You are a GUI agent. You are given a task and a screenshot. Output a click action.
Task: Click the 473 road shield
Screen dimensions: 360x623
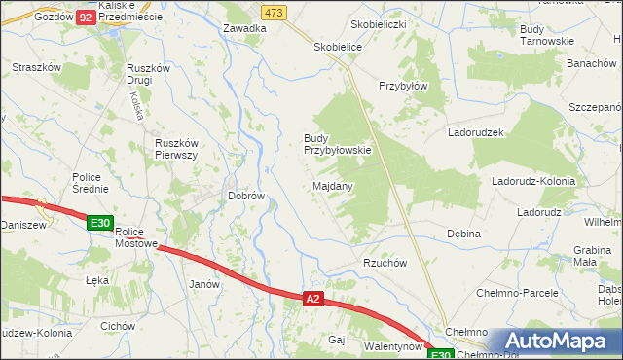pyautogui.click(x=274, y=12)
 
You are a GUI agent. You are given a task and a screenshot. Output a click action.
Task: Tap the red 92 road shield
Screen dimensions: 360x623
pyautogui.click(x=86, y=18)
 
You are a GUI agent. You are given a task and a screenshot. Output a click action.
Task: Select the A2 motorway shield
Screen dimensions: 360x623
pyautogui.click(x=312, y=300)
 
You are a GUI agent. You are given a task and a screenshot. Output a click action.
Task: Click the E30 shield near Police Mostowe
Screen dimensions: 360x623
pyautogui.click(x=99, y=223)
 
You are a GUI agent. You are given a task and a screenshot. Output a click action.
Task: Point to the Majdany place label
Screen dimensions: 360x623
pyautogui.click(x=333, y=185)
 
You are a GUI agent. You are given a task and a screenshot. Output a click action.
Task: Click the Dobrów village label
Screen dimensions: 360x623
pyautogui.click(x=246, y=196)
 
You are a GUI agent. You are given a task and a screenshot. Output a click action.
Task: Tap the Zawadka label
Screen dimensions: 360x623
pyautogui.click(x=244, y=28)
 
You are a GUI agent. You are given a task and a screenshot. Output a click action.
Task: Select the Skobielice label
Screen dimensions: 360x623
pyautogui.click(x=338, y=46)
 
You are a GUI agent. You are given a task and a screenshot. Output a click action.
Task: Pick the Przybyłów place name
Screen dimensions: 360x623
pyautogui.click(x=404, y=85)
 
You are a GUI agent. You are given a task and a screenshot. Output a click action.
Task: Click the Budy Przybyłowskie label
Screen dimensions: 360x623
pyautogui.click(x=337, y=144)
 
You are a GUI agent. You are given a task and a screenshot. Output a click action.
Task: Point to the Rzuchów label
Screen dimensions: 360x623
pyautogui.click(x=385, y=263)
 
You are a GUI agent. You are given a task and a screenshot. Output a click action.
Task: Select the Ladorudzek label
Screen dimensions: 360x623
pyautogui.click(x=475, y=131)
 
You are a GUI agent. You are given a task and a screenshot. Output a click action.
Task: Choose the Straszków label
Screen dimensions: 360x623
pyautogui.click(x=37, y=67)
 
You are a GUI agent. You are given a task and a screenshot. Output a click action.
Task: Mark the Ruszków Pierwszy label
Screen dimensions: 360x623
pyautogui.click(x=177, y=149)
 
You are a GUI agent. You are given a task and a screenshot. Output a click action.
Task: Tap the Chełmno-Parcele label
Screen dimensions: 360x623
pyautogui.click(x=517, y=292)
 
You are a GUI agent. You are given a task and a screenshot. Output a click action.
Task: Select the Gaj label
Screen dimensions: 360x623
pyautogui.click(x=338, y=340)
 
